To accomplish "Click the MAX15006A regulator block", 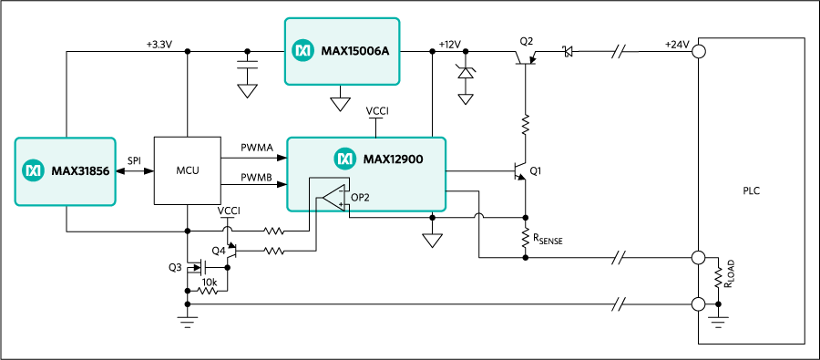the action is (x=342, y=51).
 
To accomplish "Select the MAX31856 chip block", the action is (x=65, y=171).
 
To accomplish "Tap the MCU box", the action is (x=187, y=171).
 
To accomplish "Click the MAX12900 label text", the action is (x=393, y=158).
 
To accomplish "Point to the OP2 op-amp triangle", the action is (x=334, y=199).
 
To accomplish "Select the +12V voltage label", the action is (x=450, y=45).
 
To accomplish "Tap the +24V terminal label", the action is (x=677, y=45).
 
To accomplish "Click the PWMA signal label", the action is (x=256, y=149).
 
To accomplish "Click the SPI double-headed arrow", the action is (x=135, y=171).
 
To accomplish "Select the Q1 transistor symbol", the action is (x=520, y=171).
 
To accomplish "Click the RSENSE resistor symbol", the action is (x=525, y=238).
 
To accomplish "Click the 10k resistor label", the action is (x=210, y=283).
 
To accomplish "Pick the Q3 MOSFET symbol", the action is (x=200, y=267).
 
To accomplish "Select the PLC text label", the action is (x=751, y=191).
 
